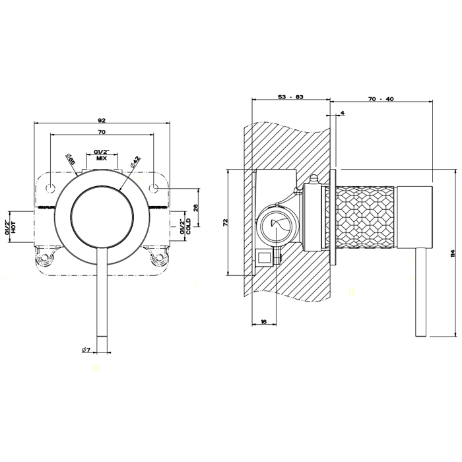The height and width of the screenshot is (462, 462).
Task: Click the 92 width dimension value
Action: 102,121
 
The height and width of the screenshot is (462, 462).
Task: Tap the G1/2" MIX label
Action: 102,154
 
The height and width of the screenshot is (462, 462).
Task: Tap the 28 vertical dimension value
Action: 196,207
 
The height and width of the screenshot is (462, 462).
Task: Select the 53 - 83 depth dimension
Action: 290,97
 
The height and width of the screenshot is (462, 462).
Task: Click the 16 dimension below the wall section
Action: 263,322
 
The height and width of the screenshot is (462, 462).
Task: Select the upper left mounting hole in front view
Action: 50,189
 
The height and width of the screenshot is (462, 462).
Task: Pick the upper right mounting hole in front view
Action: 154,189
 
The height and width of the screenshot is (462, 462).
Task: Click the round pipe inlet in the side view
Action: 276,226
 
